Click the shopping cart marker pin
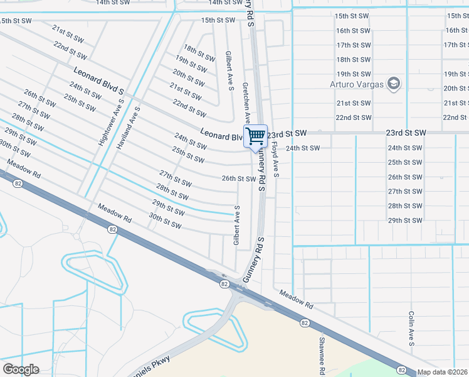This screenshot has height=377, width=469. pyautogui.click(x=256, y=136)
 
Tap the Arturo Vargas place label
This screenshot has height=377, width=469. pyautogui.click(x=357, y=84)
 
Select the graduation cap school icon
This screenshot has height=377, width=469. pyautogui.click(x=394, y=84)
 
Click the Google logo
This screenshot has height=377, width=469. pyautogui.click(x=21, y=369)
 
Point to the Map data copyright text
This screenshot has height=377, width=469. pyautogui.click(x=443, y=372)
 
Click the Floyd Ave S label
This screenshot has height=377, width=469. pyautogui.click(x=275, y=158)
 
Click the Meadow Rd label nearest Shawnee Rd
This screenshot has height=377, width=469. pyautogui.click(x=296, y=298)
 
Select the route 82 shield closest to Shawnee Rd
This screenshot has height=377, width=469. pyautogui.click(x=304, y=322)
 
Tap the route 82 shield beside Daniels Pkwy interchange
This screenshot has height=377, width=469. pyautogui.click(x=224, y=284)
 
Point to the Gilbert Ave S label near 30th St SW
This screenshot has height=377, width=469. pyautogui.click(x=236, y=225)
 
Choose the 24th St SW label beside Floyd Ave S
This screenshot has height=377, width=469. pyautogui.click(x=303, y=148)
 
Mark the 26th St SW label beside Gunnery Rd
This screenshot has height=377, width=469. pyautogui.click(x=239, y=178)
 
